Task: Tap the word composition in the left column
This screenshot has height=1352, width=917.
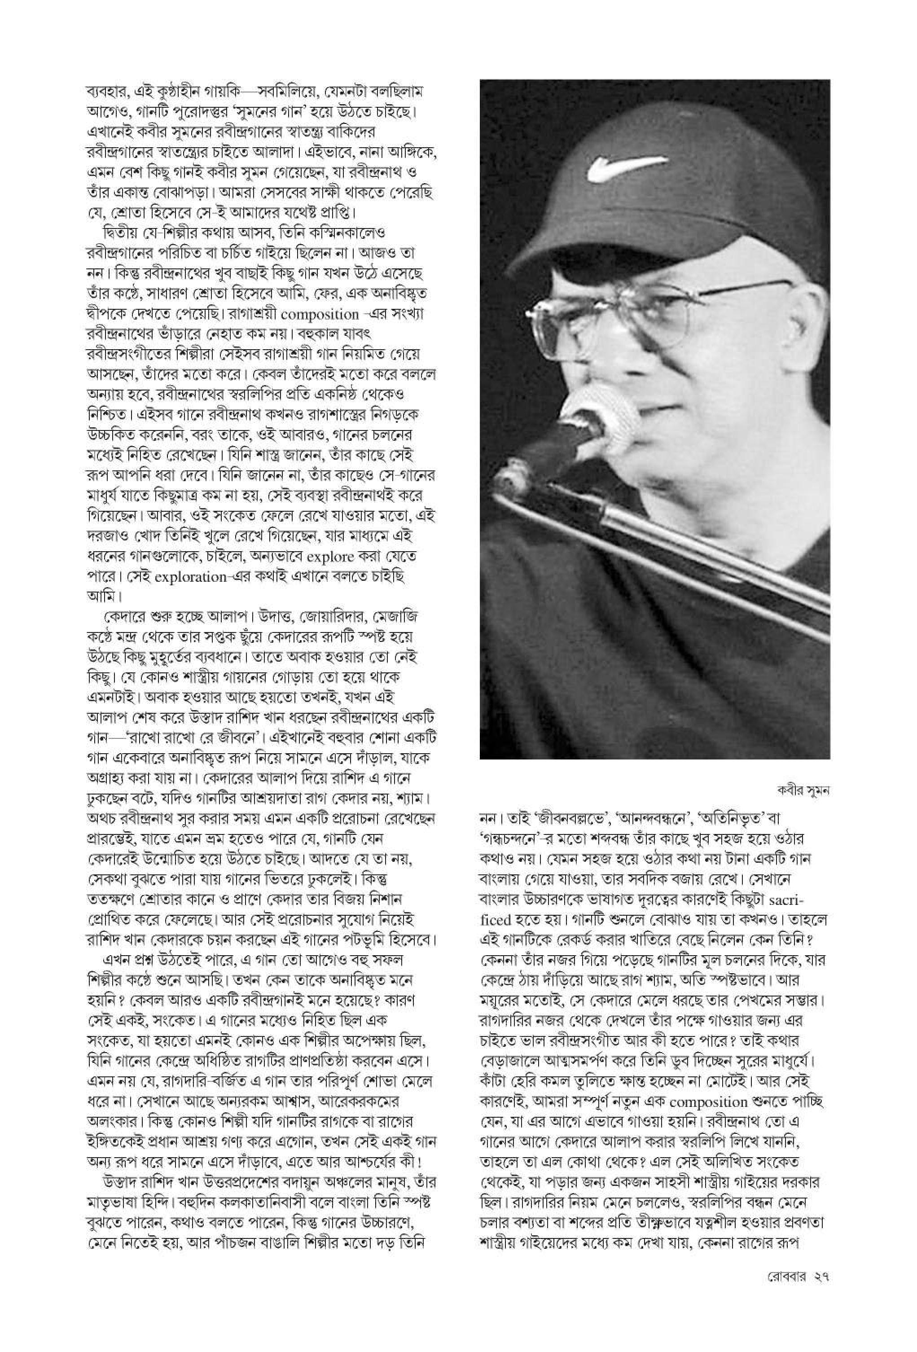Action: (x=320, y=315)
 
